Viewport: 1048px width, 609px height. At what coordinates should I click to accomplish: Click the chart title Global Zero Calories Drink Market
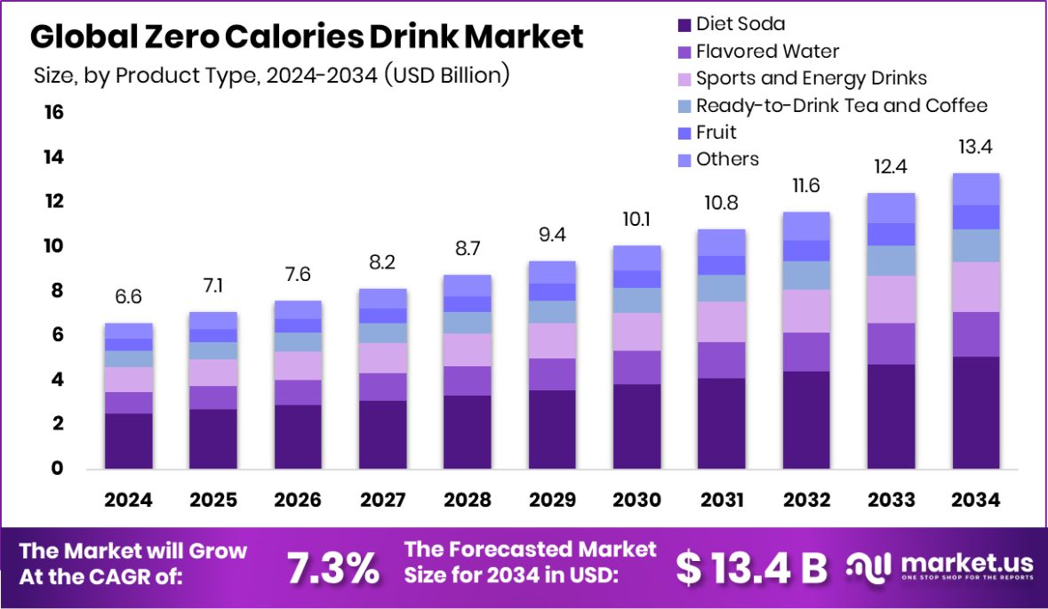307,36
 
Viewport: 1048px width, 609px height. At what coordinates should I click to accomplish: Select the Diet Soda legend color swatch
684,25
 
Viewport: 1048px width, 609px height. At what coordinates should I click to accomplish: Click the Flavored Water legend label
767,52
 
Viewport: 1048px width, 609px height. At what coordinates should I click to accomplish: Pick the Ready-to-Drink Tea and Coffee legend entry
841,106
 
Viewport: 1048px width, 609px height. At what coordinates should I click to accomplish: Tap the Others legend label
727,159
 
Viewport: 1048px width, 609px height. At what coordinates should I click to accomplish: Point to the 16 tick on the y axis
52,113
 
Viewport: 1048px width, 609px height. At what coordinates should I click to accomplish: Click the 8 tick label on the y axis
55,291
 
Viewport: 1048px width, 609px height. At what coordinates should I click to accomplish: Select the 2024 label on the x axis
128,500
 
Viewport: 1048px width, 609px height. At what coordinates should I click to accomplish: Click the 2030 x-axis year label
636,500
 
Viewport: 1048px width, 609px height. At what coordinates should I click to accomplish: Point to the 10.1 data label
636,219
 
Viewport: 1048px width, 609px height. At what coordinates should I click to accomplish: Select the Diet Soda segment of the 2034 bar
976,413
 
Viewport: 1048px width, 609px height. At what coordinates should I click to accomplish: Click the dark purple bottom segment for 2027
382,434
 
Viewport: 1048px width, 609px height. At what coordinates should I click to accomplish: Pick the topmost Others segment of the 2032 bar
805,226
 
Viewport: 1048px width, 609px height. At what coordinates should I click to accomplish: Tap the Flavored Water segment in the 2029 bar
552,374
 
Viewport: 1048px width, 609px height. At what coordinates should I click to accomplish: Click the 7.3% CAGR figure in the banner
332,567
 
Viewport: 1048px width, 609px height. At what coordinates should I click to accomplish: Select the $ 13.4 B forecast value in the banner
751,567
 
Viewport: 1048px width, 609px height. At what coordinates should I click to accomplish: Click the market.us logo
940,565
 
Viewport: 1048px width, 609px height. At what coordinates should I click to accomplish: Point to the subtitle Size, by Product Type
270,75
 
